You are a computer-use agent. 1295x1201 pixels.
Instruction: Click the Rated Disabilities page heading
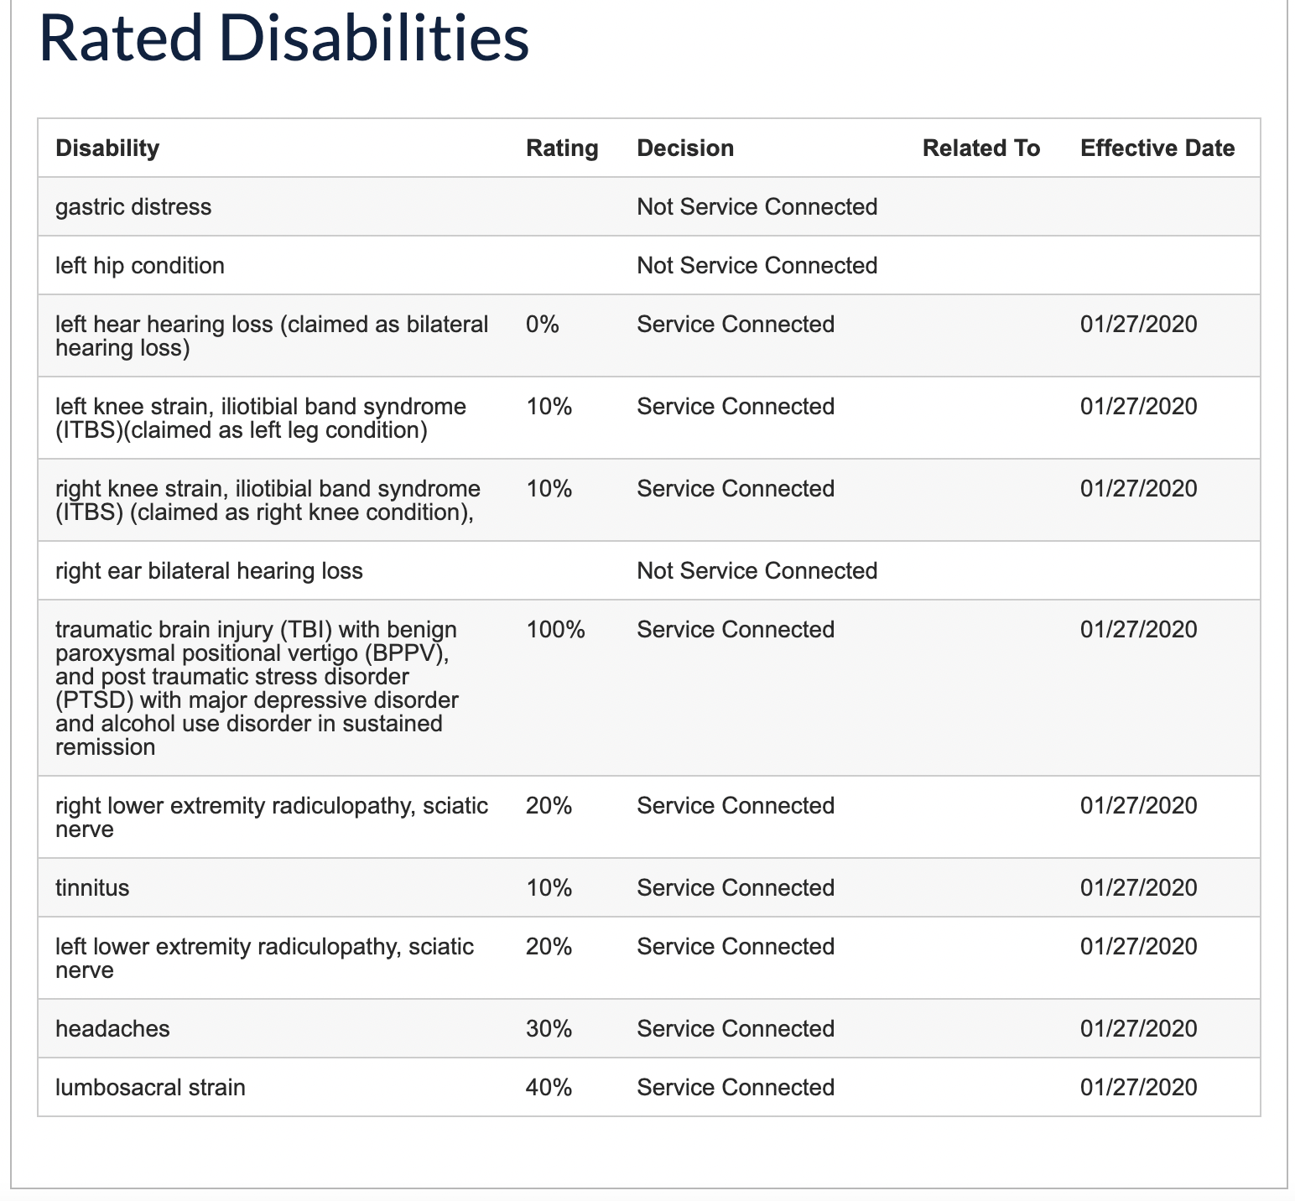[x=283, y=39]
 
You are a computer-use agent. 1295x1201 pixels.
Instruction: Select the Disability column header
[x=107, y=148]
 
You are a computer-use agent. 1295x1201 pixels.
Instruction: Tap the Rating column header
[x=562, y=148]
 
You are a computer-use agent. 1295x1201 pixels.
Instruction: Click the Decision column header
[x=685, y=148]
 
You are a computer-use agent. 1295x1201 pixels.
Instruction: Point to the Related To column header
[x=980, y=148]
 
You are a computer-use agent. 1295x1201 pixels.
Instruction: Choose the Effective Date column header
[x=1157, y=148]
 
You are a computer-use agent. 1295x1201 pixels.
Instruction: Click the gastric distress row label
[x=133, y=207]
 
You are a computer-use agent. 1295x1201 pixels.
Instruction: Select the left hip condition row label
[x=140, y=266]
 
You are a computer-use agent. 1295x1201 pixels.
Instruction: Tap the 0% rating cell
[x=542, y=325]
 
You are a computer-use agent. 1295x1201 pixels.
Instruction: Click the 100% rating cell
[x=555, y=630]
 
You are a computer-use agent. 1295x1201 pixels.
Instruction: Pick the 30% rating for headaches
[x=549, y=1029]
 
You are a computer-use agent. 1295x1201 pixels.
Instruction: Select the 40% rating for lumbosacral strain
[x=549, y=1088]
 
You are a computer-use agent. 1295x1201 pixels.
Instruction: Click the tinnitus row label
[x=92, y=888]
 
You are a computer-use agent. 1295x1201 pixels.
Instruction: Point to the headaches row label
[x=112, y=1029]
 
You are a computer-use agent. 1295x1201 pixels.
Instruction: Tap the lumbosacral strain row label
[x=150, y=1088]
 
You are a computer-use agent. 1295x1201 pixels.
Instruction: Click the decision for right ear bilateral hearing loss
[x=757, y=571]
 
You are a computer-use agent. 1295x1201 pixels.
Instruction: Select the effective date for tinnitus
[x=1138, y=888]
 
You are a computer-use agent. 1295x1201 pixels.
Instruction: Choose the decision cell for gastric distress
[x=757, y=207]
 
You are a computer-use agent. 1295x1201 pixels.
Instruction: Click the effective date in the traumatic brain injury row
[x=1138, y=630]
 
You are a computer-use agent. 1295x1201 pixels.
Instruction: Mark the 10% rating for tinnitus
[x=549, y=888]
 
